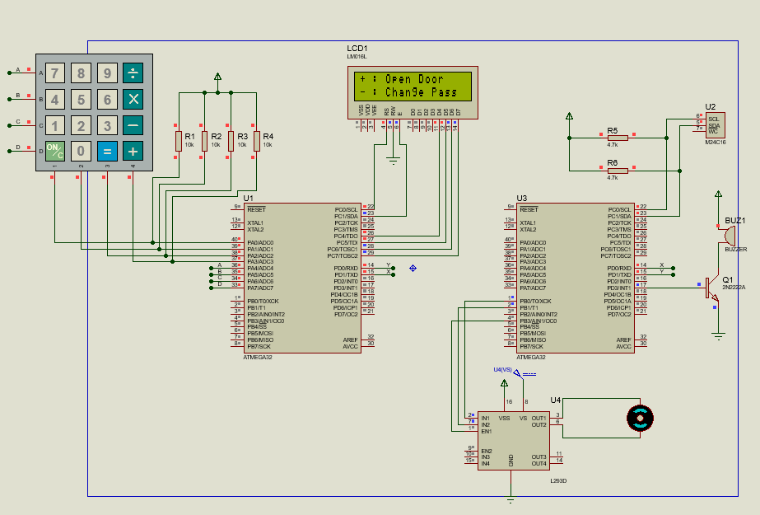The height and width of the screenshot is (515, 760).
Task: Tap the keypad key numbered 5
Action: pyautogui.click(x=81, y=100)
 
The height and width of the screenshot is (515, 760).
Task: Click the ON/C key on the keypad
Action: pyautogui.click(x=54, y=151)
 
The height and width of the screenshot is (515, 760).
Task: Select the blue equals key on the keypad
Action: pyautogui.click(x=107, y=151)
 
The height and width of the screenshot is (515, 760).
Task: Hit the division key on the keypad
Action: pyautogui.click(x=133, y=74)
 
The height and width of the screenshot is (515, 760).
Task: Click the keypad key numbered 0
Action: pyautogui.click(x=81, y=151)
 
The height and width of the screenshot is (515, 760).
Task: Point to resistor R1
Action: pyautogui.click(x=178, y=140)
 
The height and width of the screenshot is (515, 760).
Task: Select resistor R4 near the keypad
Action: pyautogui.click(x=257, y=140)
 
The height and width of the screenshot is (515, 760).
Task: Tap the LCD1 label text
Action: pyautogui.click(x=357, y=49)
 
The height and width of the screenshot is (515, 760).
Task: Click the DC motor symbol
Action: pyautogui.click(x=640, y=419)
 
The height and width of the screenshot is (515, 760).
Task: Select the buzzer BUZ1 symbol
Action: pyautogui.click(x=728, y=236)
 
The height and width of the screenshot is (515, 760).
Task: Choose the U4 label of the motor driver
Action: pyautogui.click(x=555, y=400)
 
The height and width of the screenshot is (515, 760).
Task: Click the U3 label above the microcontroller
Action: pyautogui.click(x=521, y=198)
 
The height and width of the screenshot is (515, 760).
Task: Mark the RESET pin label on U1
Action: pyautogui.click(x=256, y=209)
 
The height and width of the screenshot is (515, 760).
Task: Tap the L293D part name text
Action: pyautogui.click(x=558, y=480)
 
